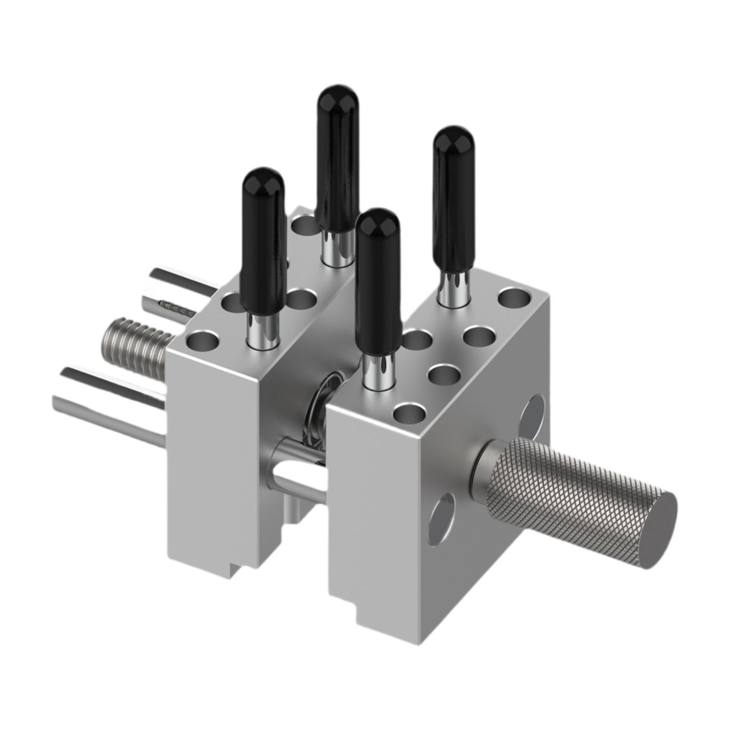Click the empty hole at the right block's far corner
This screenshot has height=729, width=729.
[515, 297]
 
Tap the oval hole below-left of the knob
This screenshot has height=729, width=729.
[441, 515]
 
